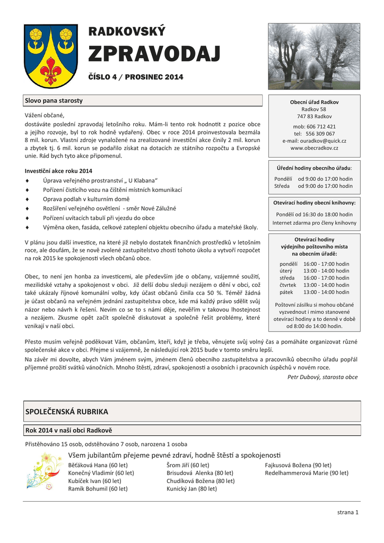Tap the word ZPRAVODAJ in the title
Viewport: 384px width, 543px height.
154,54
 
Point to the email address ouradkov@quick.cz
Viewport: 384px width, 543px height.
314,141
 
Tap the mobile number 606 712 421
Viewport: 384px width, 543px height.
320,127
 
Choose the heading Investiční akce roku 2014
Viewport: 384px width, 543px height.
58,171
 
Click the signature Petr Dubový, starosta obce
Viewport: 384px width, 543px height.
322,377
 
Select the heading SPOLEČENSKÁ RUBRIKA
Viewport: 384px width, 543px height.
67,411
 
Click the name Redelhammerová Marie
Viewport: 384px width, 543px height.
307,473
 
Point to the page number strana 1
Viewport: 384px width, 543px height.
348,512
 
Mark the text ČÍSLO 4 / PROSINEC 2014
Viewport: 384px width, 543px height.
135,77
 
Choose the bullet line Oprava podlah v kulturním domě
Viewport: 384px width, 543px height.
86,199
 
